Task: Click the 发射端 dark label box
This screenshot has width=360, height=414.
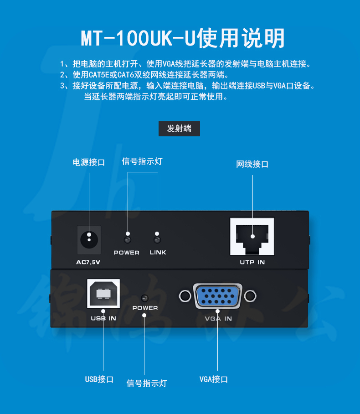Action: [x=179, y=129]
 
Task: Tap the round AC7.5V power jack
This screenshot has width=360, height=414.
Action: [x=89, y=240]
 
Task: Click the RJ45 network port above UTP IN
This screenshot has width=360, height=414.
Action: [x=252, y=237]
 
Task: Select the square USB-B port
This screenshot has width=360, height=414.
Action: [x=103, y=294]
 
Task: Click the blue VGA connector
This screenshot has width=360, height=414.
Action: [x=218, y=296]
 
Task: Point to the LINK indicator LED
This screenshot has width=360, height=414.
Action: [x=157, y=240]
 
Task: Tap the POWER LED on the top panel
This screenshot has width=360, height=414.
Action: [x=128, y=240]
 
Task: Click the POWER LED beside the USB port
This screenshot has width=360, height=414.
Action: [x=144, y=298]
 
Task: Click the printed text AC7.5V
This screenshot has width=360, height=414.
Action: [x=88, y=262]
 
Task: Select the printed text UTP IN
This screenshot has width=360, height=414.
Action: [x=252, y=262]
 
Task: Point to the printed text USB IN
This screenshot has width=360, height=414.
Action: [x=103, y=318]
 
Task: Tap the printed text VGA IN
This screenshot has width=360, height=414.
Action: [x=218, y=319]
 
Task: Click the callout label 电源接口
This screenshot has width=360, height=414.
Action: [x=89, y=162]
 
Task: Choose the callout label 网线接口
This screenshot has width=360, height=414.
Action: [x=252, y=164]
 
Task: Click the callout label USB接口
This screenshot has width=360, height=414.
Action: [x=99, y=379]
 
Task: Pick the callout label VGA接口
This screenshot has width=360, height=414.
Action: [x=214, y=379]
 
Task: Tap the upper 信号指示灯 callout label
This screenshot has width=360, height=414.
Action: [x=142, y=161]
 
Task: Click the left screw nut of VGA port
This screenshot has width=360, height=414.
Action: [x=185, y=296]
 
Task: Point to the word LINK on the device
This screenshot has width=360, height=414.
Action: [x=158, y=253]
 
